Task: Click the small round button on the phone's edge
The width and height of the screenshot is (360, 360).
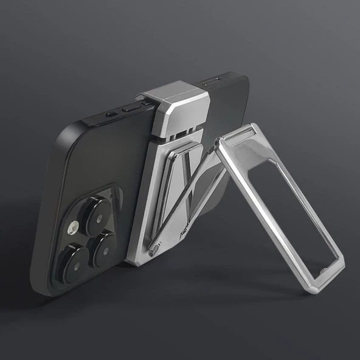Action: (111, 114)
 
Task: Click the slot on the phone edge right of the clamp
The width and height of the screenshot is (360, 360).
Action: (213, 81)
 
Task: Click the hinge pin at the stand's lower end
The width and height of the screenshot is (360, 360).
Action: (154, 249)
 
